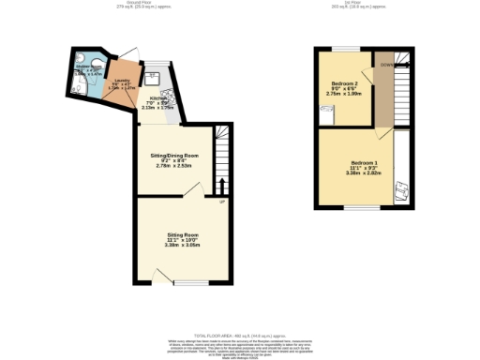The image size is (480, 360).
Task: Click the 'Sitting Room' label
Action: (183, 233)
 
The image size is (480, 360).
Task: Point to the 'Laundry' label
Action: (121, 81)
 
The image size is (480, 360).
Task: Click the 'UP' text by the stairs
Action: (222, 202)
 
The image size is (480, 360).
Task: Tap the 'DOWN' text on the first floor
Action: (386, 66)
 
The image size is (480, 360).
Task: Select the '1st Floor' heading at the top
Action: (362, 3)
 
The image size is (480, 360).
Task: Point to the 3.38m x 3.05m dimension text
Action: (183, 245)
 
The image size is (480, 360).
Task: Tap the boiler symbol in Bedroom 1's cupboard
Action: (400, 190)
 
